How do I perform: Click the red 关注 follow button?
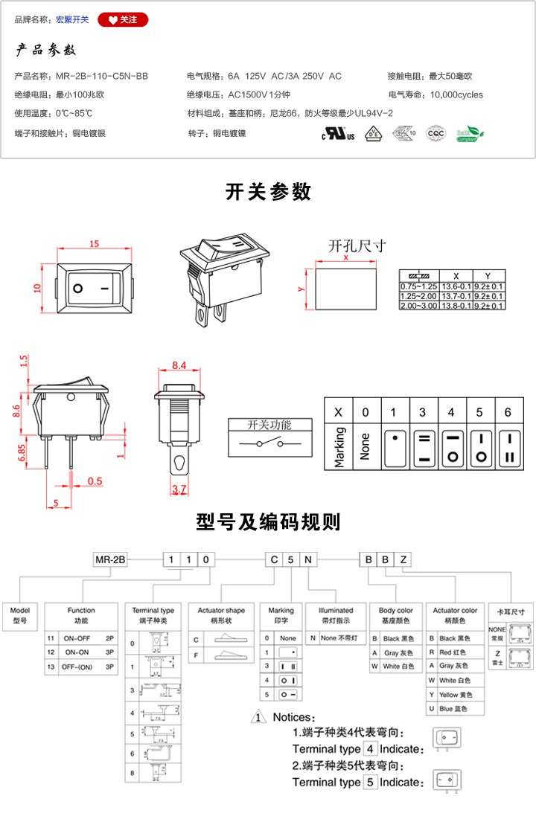[x=123, y=19]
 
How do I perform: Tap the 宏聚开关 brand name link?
[x=72, y=19]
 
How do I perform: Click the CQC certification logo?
[x=435, y=134]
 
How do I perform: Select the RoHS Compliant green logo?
[x=469, y=134]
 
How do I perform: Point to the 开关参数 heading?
[x=268, y=191]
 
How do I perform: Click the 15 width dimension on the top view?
[x=95, y=244]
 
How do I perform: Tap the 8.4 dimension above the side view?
[x=179, y=365]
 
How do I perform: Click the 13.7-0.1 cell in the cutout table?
[x=456, y=296]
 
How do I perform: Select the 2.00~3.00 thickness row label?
[x=419, y=306]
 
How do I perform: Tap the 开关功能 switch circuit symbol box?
[x=269, y=437]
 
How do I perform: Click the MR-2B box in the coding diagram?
[x=109, y=559]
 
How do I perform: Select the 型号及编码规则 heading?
[x=268, y=521]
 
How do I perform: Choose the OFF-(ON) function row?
[x=81, y=667]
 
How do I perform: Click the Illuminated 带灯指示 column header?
[x=335, y=615]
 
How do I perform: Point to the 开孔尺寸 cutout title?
[x=357, y=246]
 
